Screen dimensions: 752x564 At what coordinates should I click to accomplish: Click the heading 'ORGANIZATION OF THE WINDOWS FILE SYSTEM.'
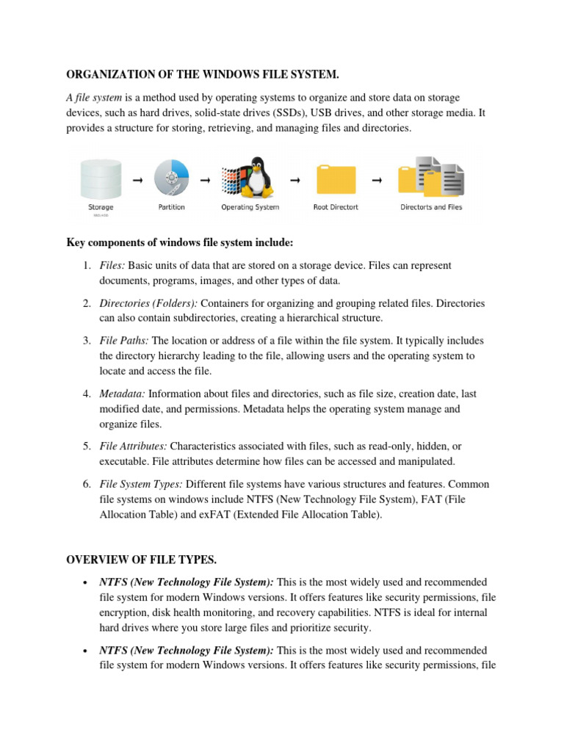point(203,74)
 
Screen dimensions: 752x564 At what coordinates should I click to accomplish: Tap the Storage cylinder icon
point(101,178)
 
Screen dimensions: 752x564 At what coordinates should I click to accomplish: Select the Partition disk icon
point(172,178)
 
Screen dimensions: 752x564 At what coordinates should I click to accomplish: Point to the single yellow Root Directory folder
point(336,181)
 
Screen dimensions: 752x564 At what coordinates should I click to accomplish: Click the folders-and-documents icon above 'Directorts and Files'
point(431,178)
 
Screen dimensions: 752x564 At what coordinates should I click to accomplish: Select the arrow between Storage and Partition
point(137,179)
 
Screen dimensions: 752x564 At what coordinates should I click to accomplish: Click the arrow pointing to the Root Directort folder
point(295,179)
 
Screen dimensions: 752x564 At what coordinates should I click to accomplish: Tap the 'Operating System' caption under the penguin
point(250,207)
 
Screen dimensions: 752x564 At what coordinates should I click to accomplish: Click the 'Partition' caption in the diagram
point(172,207)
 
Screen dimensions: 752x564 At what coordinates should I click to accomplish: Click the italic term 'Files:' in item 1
point(112,265)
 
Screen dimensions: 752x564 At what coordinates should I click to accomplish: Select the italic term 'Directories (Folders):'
point(148,303)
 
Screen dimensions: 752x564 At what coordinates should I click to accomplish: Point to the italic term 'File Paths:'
point(124,341)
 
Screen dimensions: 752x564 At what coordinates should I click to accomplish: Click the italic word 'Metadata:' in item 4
point(123,394)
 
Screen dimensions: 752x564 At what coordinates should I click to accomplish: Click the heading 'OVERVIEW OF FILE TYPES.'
point(141,560)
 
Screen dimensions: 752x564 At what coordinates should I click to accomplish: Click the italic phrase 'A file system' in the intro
point(94,97)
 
